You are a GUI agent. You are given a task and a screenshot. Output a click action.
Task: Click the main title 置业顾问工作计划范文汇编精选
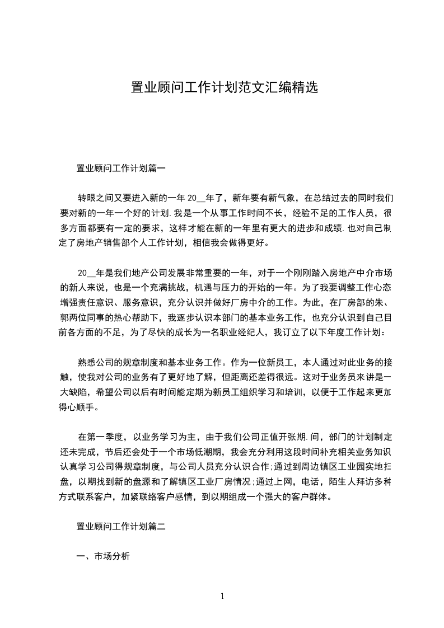point(224,88)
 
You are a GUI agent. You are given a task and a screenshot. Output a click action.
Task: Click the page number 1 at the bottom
point(222,597)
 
